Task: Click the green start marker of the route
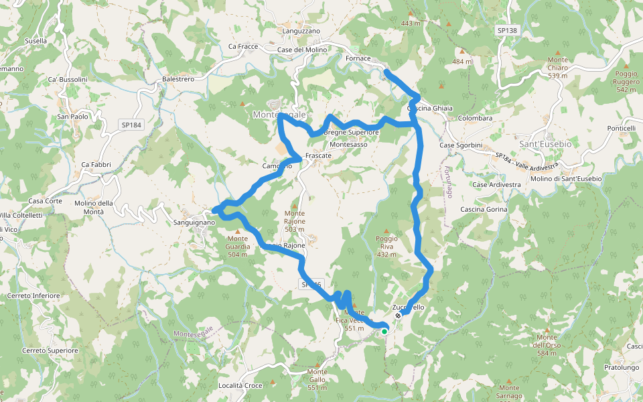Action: (x=384, y=330)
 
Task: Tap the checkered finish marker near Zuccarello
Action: (x=398, y=315)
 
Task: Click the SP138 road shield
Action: (x=508, y=31)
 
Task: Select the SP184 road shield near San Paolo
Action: (x=132, y=125)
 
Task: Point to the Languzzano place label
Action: (x=301, y=31)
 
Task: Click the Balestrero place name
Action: (x=178, y=79)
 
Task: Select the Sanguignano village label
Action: (x=194, y=222)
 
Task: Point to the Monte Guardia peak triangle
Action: (x=237, y=232)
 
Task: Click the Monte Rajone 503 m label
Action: (x=295, y=221)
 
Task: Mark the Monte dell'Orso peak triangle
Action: (x=547, y=331)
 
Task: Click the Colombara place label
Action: (x=476, y=118)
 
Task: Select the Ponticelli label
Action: (x=621, y=128)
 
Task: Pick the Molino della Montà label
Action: (x=99, y=207)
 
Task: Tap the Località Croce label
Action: (x=240, y=386)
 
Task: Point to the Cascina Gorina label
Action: (x=484, y=209)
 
